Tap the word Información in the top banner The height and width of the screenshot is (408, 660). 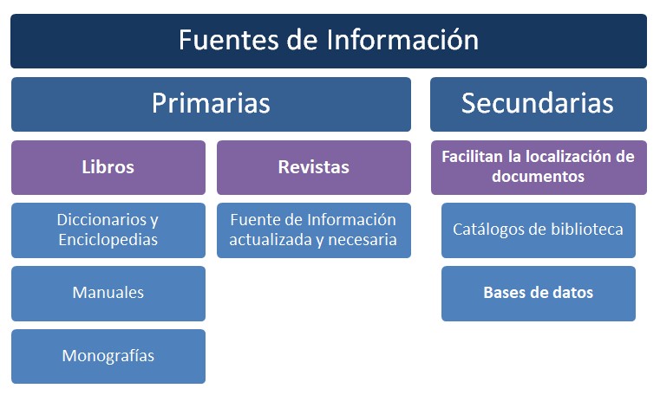[402, 41]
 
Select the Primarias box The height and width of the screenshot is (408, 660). [211, 104]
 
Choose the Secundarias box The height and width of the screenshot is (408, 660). [539, 104]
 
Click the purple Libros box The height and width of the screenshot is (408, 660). [108, 167]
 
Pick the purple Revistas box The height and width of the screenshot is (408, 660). [314, 167]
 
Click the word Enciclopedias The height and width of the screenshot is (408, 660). [108, 240]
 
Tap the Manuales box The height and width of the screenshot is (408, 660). [108, 294]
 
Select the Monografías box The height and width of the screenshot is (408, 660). [108, 356]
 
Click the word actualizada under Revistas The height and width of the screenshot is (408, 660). [271, 240]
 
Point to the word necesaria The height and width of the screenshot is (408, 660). [363, 240]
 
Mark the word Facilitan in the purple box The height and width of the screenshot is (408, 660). [473, 157]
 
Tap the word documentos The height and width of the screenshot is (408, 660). [539, 176]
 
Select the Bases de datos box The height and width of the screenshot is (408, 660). [539, 294]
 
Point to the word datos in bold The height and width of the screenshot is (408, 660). [574, 292]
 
